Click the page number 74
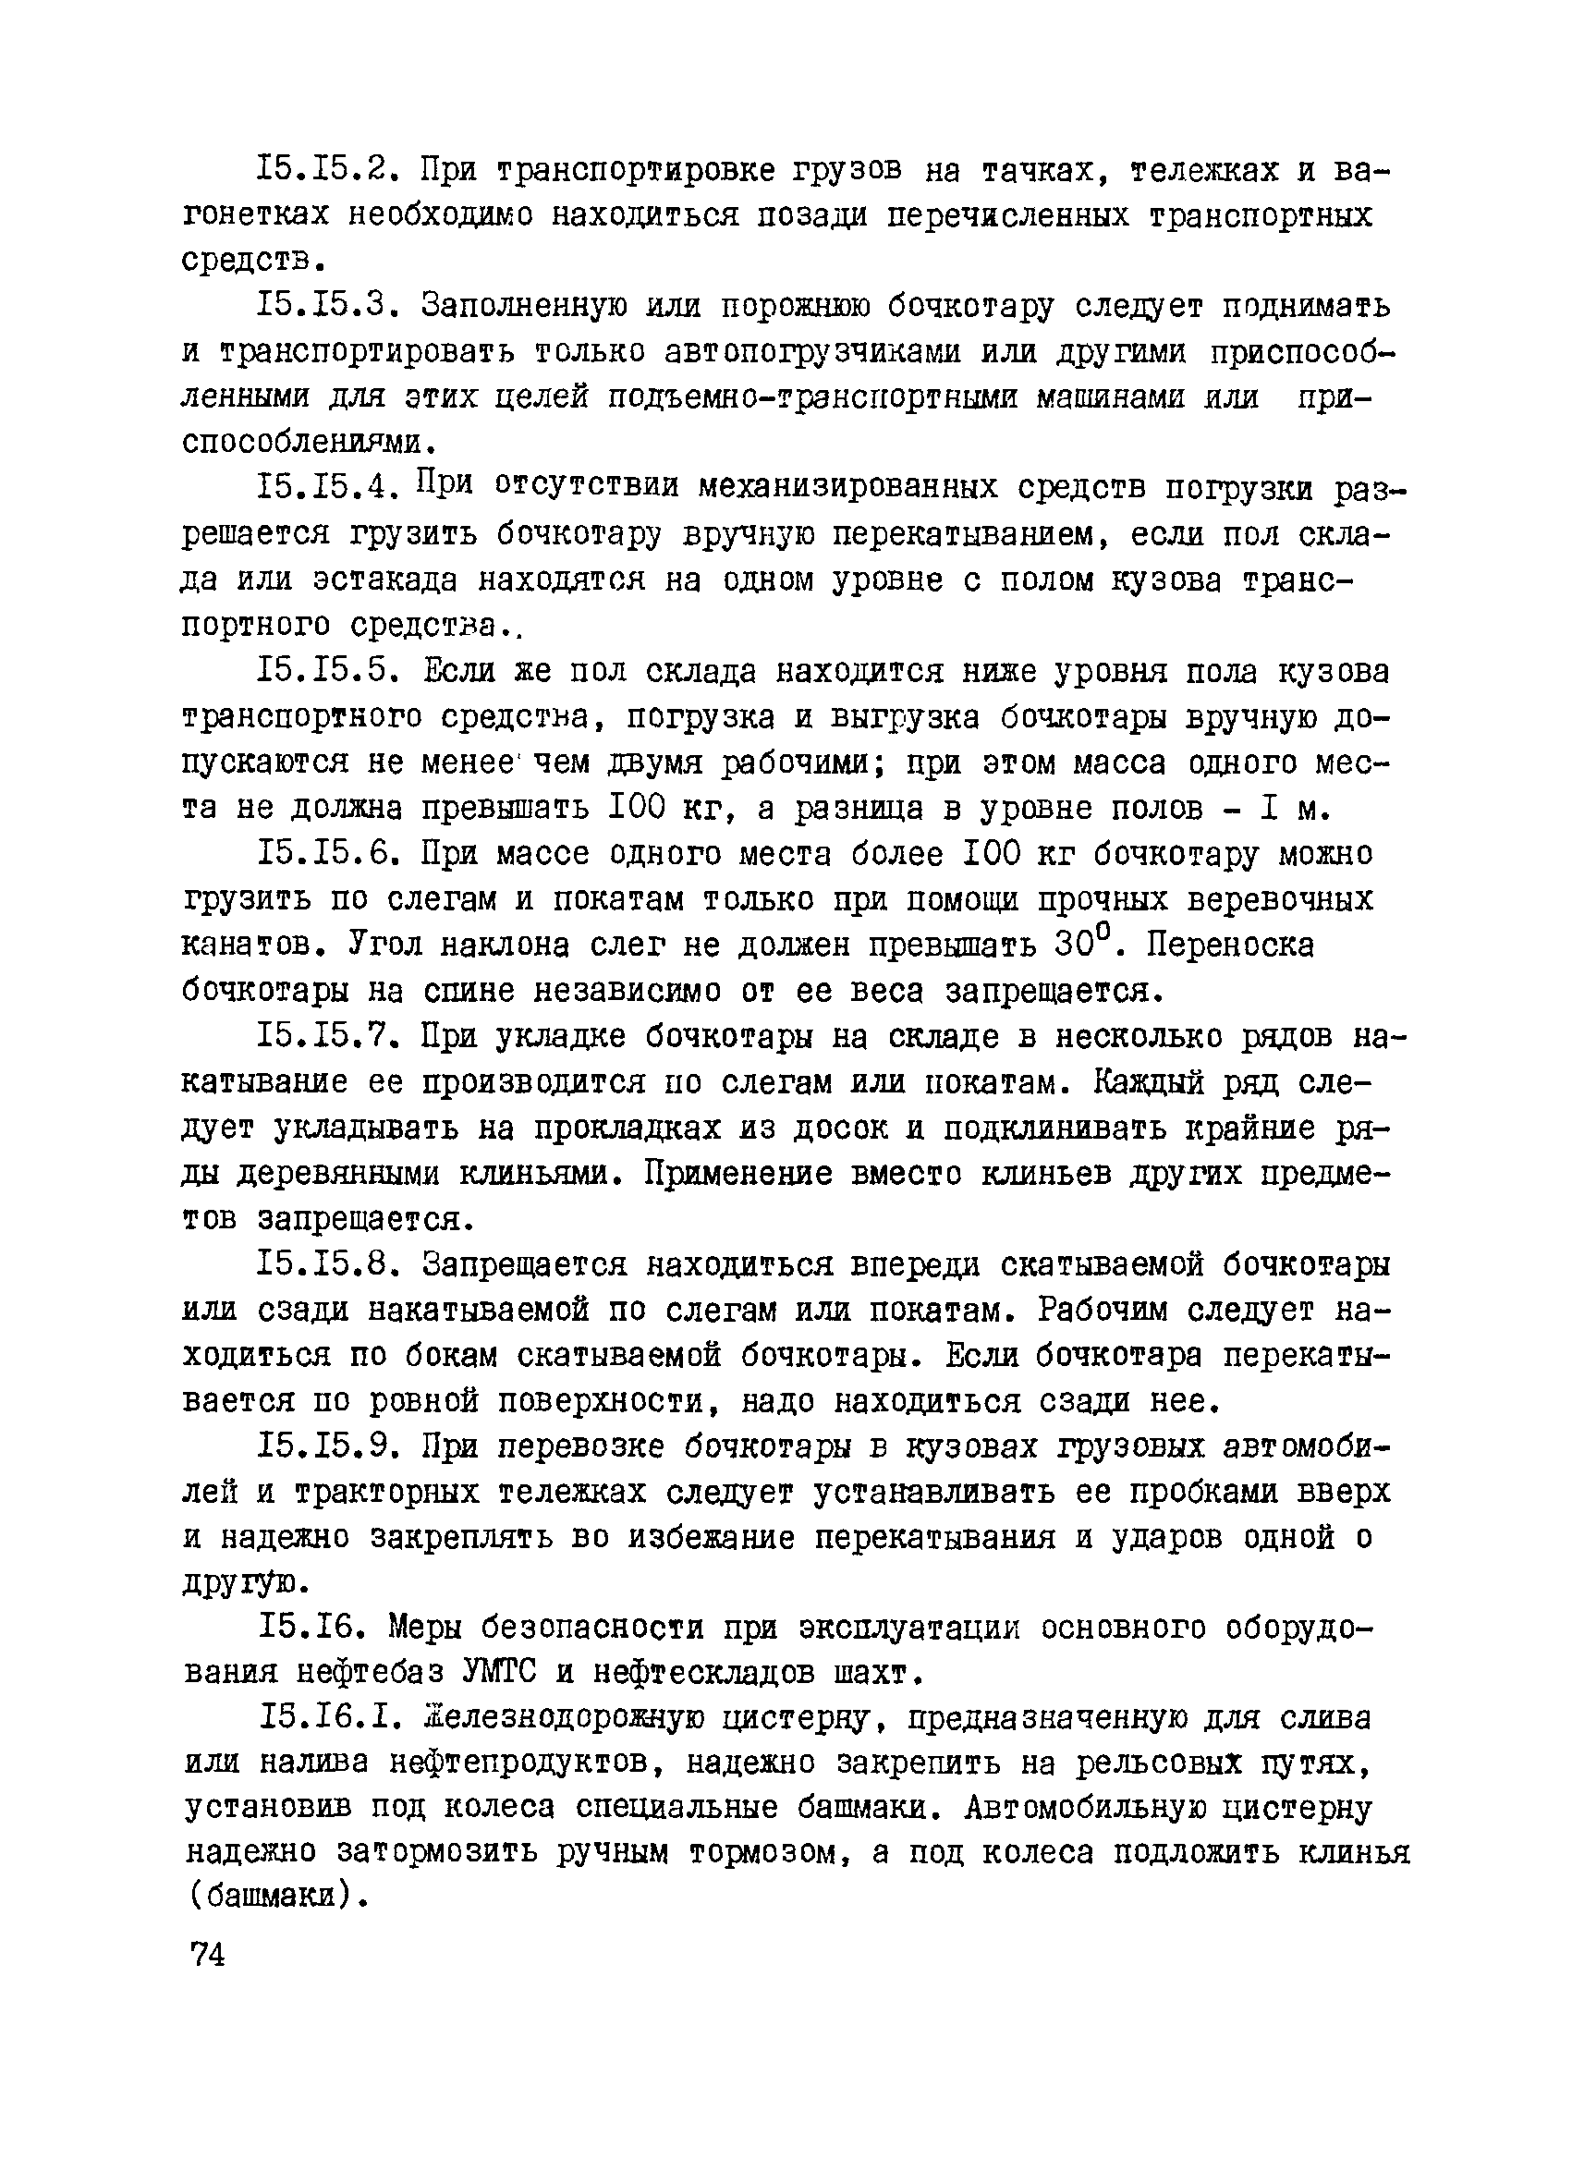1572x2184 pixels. (208, 1953)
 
